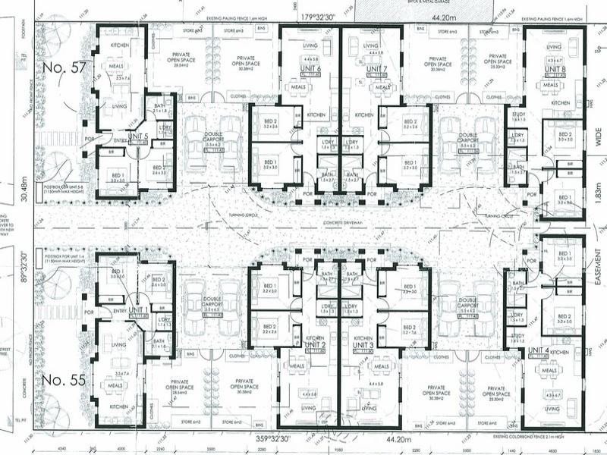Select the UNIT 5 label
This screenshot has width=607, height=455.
pos(137,136)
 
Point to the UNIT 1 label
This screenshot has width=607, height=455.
pos(138,310)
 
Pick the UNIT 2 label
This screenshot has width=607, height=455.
pos(314,346)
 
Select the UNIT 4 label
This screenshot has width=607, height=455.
pos(539,350)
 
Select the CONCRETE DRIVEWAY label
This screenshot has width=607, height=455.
pos(342,221)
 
